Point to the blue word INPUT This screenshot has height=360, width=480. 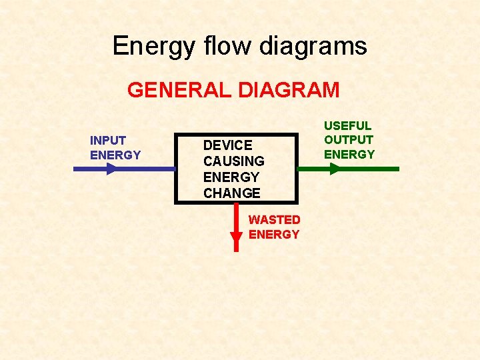[x=108, y=141]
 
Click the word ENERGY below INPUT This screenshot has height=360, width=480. [x=115, y=155]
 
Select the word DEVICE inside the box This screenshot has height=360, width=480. [x=227, y=145]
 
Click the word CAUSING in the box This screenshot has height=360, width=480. [x=233, y=161]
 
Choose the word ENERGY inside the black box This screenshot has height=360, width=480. [x=231, y=177]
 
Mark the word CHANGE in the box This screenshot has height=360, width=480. [x=231, y=193]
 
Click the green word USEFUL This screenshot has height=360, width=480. [x=347, y=125]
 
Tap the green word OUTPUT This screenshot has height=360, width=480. [x=349, y=140]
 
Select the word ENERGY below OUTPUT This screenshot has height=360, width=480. [x=349, y=155]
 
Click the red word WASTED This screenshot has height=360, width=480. [x=274, y=219]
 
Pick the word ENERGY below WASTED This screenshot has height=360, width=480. [x=274, y=235]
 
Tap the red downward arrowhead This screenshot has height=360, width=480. [x=236, y=238]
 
